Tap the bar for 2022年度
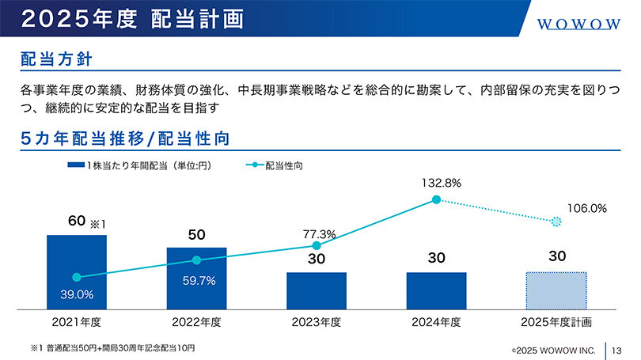pos(196,277)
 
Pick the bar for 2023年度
pos(317,290)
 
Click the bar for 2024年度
pos(436,290)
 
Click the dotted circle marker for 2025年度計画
pos(556,222)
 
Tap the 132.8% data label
pos(440,183)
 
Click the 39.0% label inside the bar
pos(78,294)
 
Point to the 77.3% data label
pos(320,234)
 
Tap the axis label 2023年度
pos(317,322)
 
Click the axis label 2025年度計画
pos(556,322)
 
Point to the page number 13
pos(619,348)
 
